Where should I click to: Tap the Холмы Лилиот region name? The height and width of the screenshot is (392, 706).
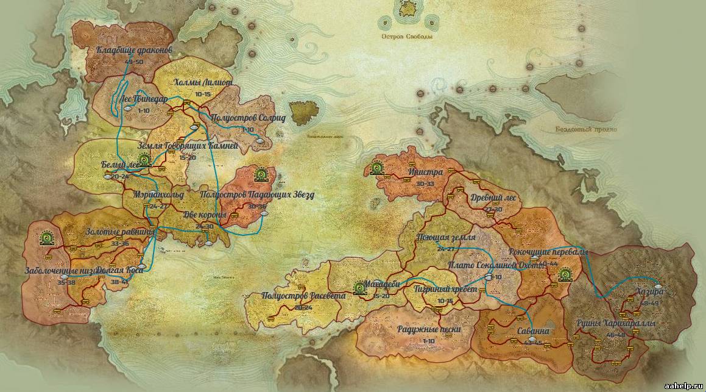[203, 83]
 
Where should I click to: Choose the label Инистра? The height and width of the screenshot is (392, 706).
[426, 172]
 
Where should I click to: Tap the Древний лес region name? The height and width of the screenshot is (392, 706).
[493, 198]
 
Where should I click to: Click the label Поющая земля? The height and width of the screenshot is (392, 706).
[445, 238]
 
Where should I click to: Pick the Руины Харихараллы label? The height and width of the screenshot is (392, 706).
[616, 324]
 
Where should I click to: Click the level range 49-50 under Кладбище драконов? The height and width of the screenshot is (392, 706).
[133, 62]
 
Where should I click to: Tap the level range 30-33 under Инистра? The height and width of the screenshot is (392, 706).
[425, 184]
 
